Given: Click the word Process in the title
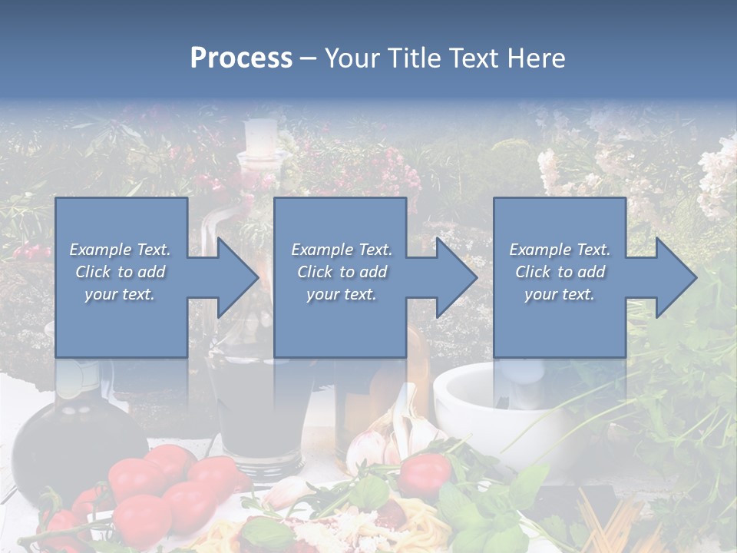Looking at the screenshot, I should (x=241, y=58).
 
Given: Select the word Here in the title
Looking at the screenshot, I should (x=537, y=58).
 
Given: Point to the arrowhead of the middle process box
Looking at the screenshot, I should (x=455, y=277).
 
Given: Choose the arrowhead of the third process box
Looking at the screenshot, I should (x=675, y=277).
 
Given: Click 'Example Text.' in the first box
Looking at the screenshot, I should (x=120, y=250).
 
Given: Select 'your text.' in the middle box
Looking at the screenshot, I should (x=341, y=294).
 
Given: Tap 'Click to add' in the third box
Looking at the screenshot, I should (x=560, y=272).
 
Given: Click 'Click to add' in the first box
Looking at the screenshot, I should (x=120, y=272).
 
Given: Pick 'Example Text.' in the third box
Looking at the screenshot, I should (x=560, y=250).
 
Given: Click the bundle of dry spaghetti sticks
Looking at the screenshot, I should (x=614, y=522).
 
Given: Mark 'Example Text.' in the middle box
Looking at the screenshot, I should (x=341, y=250).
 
